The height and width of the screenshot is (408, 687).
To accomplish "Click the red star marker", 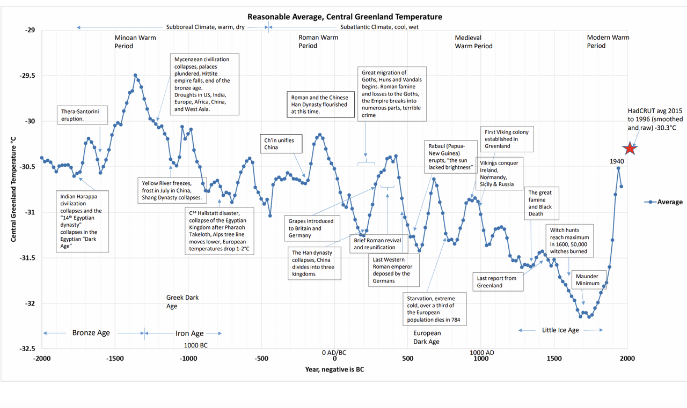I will (x=630, y=149).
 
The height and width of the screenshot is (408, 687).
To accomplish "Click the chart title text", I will (x=345, y=17).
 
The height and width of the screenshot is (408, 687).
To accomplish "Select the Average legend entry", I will (x=664, y=202).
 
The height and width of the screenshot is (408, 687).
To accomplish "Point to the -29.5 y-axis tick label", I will (x=27, y=76).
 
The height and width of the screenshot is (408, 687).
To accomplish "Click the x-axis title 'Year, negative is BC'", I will (x=335, y=369).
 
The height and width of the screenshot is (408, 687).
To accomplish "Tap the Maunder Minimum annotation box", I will (x=588, y=280).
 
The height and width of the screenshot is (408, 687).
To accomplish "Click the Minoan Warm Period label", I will (x=131, y=42).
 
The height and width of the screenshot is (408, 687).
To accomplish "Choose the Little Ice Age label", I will (x=560, y=330).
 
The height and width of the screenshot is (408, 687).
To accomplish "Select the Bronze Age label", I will (x=91, y=333).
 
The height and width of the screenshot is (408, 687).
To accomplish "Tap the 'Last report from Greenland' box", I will (x=499, y=282).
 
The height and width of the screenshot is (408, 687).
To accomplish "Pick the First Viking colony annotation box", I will (x=507, y=139).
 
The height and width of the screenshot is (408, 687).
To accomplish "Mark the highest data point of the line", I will (x=135, y=76).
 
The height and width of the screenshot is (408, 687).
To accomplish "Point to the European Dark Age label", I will (x=427, y=337).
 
